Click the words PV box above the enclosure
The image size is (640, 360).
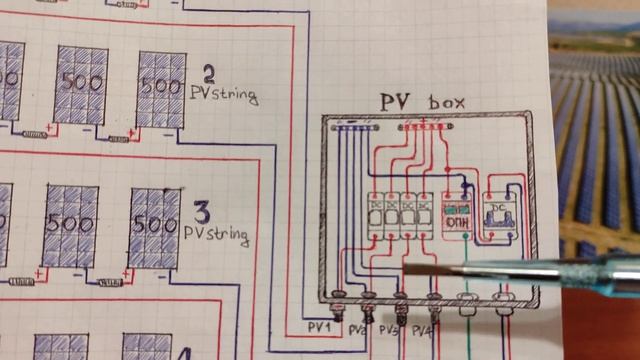[x=422, y=102]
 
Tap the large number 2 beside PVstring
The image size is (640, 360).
[x=209, y=74]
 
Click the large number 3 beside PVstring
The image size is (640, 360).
[x=202, y=213]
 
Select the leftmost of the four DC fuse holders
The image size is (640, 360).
[x=377, y=216]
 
